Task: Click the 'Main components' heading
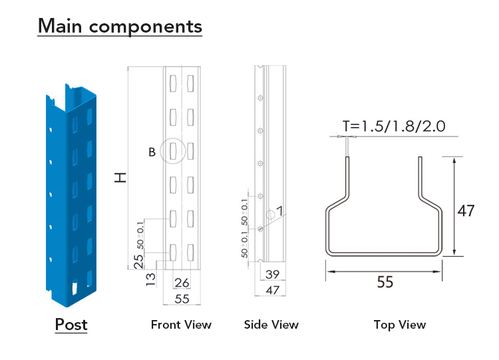120,26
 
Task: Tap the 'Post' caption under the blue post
71,324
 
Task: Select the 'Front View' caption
181,325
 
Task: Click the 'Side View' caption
271,325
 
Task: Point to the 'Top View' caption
400,325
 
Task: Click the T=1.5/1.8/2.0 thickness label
394,126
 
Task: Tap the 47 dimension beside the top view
466,211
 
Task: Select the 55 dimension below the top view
385,282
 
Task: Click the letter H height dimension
120,177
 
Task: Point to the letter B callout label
152,152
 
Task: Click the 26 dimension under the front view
182,283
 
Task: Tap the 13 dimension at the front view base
150,279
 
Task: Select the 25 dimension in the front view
138,262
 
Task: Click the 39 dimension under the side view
272,274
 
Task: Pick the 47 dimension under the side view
272,290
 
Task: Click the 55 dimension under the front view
182,299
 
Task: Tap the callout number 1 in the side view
279,211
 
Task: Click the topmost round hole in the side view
260,98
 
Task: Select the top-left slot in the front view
173,83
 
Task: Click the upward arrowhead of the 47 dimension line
454,160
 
